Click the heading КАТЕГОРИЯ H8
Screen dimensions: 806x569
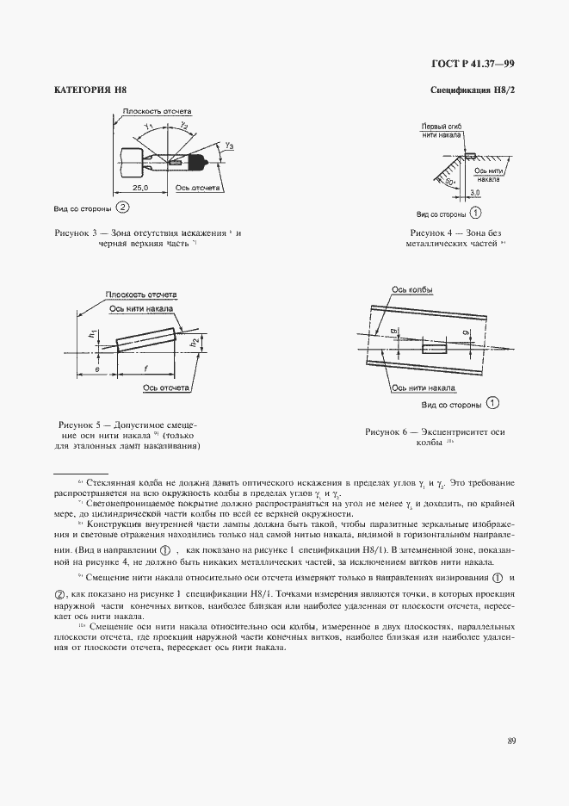[x=90, y=90]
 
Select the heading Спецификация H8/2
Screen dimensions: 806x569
[x=472, y=90]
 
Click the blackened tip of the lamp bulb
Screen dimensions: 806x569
[x=204, y=160]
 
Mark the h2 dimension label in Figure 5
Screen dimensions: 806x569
[x=194, y=342]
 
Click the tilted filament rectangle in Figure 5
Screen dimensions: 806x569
[x=146, y=337]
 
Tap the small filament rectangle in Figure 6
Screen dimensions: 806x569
[x=433, y=348]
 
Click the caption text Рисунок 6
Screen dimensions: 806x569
[x=434, y=431]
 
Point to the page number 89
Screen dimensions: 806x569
[x=511, y=740]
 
